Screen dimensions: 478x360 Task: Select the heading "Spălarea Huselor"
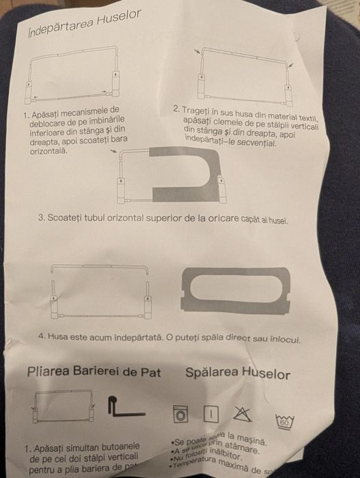pyautogui.click(x=238, y=374)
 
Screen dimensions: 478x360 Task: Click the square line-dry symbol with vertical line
pyautogui.click(x=211, y=414)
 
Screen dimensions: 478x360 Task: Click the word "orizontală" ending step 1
pyautogui.click(x=49, y=152)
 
